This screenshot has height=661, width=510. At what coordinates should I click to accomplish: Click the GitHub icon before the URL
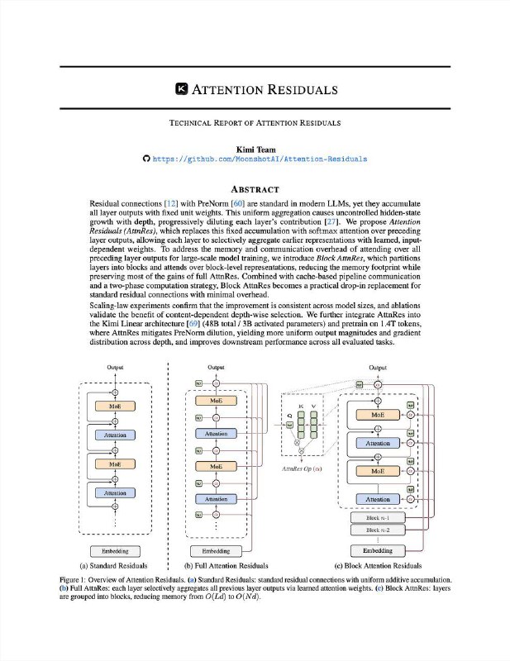point(147,158)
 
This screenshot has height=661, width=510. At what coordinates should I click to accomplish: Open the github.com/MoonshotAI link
point(260,158)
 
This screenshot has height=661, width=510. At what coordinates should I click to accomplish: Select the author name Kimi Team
point(255,147)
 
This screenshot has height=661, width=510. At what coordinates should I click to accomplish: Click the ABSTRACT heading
point(255,188)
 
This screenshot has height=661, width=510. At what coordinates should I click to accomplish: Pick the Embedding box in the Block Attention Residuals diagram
point(377,551)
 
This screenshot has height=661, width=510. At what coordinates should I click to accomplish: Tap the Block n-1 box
point(377,518)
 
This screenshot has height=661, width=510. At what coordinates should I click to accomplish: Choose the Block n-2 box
point(377,529)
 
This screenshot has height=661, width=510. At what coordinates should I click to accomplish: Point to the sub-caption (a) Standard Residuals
point(113,566)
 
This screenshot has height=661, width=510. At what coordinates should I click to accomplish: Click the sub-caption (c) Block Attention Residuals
point(377,566)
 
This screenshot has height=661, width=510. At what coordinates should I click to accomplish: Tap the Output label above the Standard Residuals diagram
point(116,367)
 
